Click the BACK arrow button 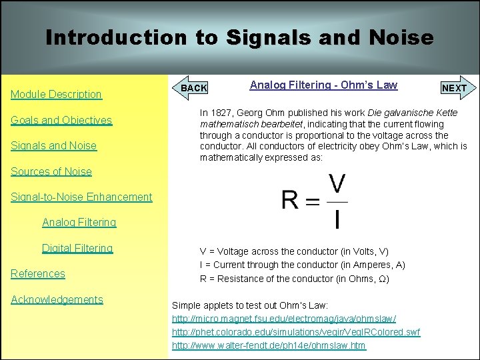[193, 88]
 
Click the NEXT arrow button [455, 88]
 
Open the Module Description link [56, 95]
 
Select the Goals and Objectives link [61, 121]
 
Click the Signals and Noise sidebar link [53, 146]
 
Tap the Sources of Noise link [51, 172]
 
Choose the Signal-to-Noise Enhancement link [81, 197]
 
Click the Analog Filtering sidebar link [79, 223]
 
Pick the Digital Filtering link [77, 249]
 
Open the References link [38, 274]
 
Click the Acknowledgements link [57, 300]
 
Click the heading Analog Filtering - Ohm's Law [323, 85]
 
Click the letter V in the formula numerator [338, 185]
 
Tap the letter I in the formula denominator [339, 218]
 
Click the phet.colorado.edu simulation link [296, 332]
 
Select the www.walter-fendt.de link [269, 345]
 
